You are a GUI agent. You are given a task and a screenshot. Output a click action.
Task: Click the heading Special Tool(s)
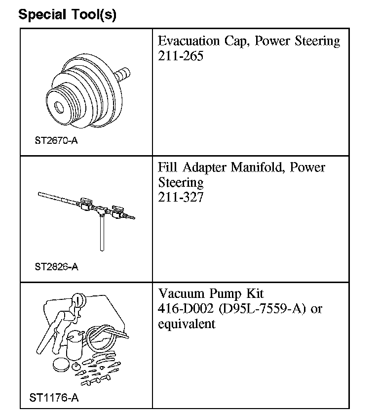(x=67, y=14)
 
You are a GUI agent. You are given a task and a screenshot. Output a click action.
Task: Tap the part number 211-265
(x=181, y=56)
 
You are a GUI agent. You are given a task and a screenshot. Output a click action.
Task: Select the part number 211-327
(x=181, y=198)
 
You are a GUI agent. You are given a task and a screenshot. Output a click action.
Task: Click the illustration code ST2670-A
(x=56, y=141)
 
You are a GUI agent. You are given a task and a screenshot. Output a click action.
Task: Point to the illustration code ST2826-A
(x=56, y=267)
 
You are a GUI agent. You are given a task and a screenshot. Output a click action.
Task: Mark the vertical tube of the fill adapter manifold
(x=101, y=232)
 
